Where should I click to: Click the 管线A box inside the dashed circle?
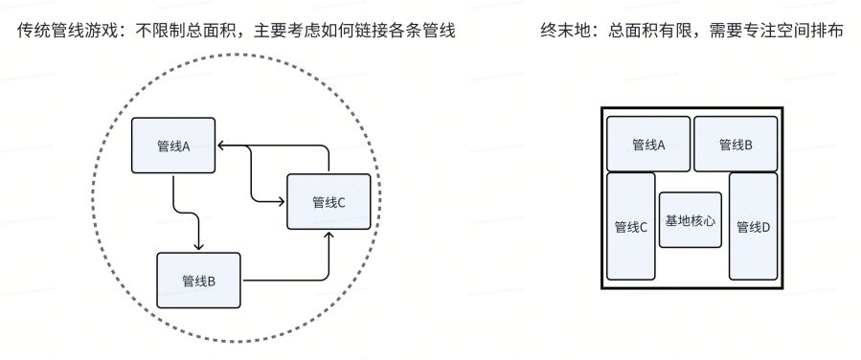(173, 146)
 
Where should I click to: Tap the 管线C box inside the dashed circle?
(329, 201)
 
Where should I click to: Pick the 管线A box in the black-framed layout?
(648, 145)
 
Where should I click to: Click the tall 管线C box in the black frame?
(630, 226)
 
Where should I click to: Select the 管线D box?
(753, 226)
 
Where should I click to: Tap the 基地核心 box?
(691, 219)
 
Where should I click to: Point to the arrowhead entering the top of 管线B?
(198, 246)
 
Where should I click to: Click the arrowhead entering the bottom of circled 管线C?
(329, 236)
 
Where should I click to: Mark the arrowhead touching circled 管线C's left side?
(282, 201)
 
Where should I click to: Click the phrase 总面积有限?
(646, 33)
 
